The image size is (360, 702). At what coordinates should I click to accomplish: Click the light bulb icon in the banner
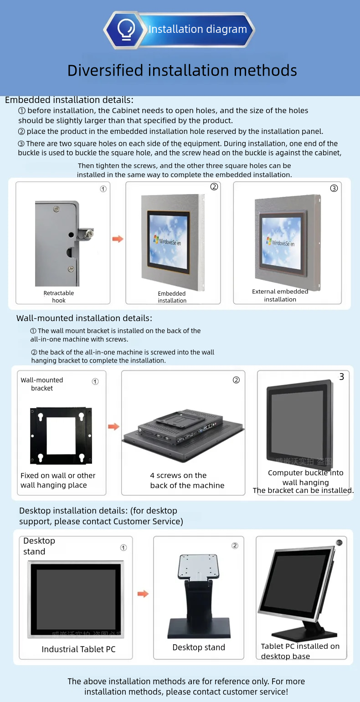[126, 30]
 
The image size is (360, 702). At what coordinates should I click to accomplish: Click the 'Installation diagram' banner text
[197, 30]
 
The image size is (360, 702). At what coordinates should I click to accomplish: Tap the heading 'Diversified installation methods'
[182, 71]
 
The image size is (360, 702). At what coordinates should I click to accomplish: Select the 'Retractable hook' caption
[59, 297]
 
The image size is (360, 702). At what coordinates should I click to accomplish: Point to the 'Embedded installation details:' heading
[69, 100]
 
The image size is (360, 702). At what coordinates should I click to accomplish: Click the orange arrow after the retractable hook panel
[118, 239]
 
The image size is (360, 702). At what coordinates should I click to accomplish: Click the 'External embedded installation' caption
[280, 295]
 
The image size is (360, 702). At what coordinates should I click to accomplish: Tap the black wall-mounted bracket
[61, 436]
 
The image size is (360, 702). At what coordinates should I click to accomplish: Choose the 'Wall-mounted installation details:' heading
[84, 318]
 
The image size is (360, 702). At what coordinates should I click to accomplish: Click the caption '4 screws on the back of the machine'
[187, 481]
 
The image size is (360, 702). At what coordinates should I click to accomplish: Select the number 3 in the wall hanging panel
[342, 377]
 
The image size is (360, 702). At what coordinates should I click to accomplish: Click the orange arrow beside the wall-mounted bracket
[113, 427]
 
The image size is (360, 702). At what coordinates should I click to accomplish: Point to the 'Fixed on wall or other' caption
[58, 476]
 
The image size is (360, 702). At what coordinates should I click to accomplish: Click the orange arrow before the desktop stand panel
[143, 594]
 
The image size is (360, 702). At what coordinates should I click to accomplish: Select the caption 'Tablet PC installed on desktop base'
[300, 651]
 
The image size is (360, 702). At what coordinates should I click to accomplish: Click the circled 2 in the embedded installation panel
[214, 187]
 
